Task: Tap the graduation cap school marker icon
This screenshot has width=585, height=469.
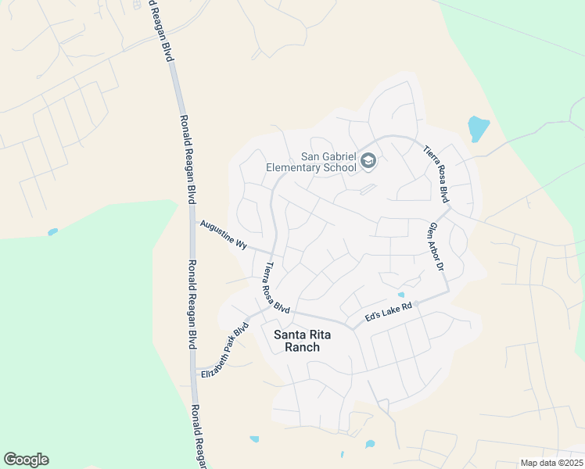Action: click(x=368, y=161)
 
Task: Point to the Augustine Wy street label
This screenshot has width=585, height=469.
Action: click(x=224, y=234)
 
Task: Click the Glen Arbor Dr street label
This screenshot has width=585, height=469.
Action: click(x=436, y=247)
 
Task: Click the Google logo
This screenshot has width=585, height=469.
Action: click(x=26, y=460)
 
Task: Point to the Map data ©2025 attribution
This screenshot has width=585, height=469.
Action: click(x=551, y=463)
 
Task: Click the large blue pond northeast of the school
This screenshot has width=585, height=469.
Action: click(x=477, y=129)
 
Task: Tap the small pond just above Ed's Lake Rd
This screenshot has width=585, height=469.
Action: click(x=401, y=295)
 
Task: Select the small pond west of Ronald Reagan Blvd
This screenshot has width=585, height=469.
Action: click(x=52, y=232)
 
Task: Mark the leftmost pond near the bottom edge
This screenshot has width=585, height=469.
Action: click(x=254, y=439)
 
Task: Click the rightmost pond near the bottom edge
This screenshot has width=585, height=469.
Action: click(x=369, y=444)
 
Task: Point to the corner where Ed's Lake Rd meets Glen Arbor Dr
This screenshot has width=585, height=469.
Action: click(x=447, y=294)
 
